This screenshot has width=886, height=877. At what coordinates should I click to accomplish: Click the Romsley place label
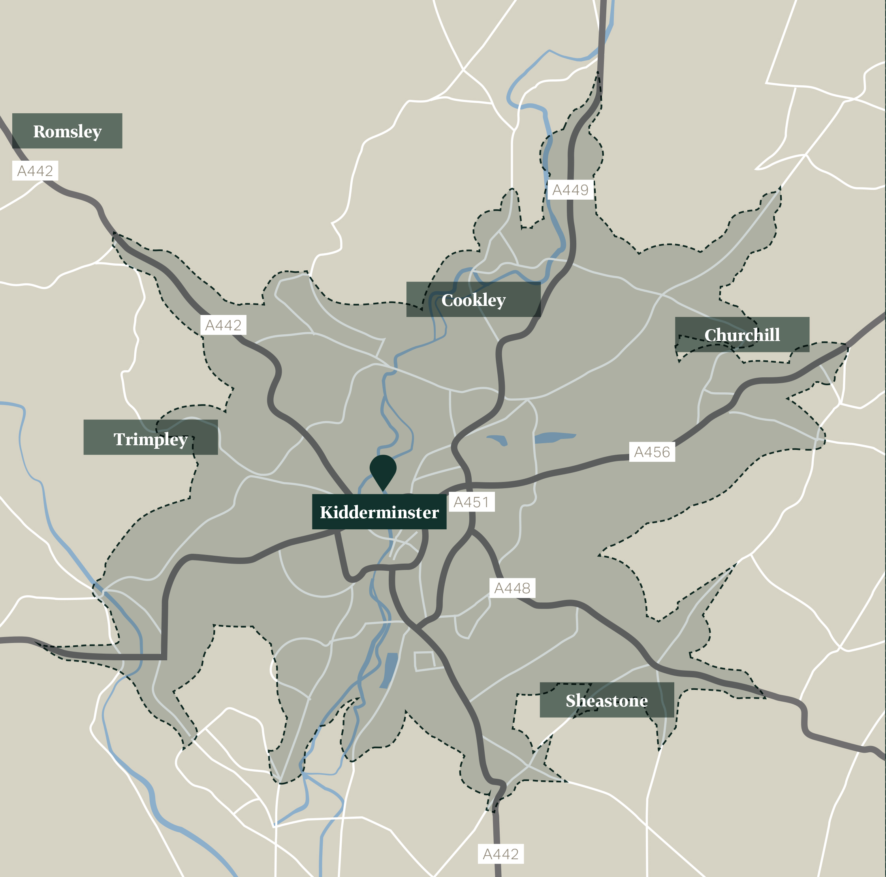click(67, 131)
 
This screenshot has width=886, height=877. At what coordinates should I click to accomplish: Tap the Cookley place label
click(473, 300)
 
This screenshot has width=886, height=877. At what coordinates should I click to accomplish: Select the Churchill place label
click(741, 334)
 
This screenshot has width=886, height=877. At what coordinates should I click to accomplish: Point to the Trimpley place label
click(150, 439)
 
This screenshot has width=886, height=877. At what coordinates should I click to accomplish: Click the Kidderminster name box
click(379, 512)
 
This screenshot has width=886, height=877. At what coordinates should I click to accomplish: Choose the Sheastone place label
click(606, 701)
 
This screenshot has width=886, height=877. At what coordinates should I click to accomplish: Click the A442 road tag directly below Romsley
click(35, 171)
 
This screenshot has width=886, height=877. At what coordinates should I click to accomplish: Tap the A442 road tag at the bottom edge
click(500, 854)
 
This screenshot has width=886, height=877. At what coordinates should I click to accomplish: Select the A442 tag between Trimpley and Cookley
click(223, 325)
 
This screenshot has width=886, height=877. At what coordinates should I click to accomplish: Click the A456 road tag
click(652, 452)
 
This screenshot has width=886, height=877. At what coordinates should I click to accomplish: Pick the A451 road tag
click(471, 502)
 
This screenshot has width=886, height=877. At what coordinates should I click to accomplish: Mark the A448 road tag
click(512, 588)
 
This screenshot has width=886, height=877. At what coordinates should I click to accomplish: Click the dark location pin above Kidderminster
click(383, 469)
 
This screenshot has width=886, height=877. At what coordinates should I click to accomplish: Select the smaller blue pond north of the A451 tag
click(498, 440)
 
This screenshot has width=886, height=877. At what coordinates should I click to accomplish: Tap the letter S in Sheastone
click(570, 701)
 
